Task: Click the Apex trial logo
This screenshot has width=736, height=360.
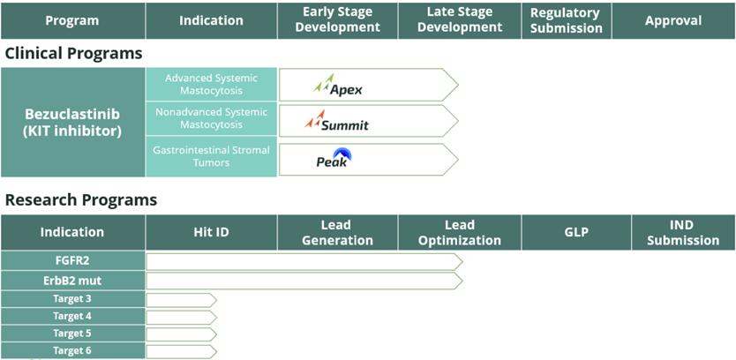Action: pyautogui.click(x=337, y=85)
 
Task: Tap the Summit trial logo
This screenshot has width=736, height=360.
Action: pyautogui.click(x=336, y=121)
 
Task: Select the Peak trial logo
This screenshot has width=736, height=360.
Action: pyautogui.click(x=334, y=158)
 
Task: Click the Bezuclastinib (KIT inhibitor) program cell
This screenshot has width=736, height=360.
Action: pyautogui.click(x=72, y=123)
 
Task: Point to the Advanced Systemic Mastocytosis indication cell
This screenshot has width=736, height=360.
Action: pyautogui.click(x=211, y=85)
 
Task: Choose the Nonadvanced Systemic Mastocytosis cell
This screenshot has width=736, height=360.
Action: pyautogui.click(x=211, y=118)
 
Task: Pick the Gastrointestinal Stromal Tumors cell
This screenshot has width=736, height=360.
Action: pyautogui.click(x=211, y=156)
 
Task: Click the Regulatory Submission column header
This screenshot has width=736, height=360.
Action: pyautogui.click(x=566, y=20)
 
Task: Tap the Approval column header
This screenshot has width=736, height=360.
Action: pyautogui.click(x=673, y=20)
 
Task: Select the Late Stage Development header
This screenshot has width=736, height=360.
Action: pyautogui.click(x=460, y=20)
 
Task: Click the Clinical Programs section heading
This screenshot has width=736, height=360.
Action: pyautogui.click(x=73, y=54)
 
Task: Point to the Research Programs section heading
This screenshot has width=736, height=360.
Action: pyautogui.click(x=80, y=200)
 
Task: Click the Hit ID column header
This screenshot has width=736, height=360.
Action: pyautogui.click(x=211, y=232)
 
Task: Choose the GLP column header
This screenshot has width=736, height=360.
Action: pyautogui.click(x=576, y=232)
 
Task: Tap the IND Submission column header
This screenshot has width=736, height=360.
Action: pyautogui.click(x=683, y=232)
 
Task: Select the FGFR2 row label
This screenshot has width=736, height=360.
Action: pyautogui.click(x=72, y=261)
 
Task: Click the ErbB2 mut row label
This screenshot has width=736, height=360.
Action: pyautogui.click(x=72, y=281)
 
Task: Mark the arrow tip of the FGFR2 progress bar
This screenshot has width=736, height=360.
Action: pyautogui.click(x=462, y=262)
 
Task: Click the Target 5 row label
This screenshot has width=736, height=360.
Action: pyautogui.click(x=72, y=334)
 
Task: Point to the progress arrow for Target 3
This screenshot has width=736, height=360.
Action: pyautogui.click(x=181, y=300)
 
